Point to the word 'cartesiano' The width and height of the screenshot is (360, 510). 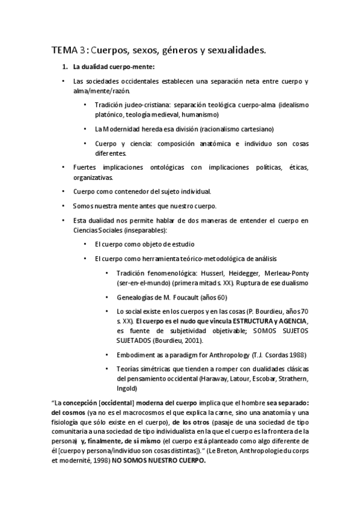254,129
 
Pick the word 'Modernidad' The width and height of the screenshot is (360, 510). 124,129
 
